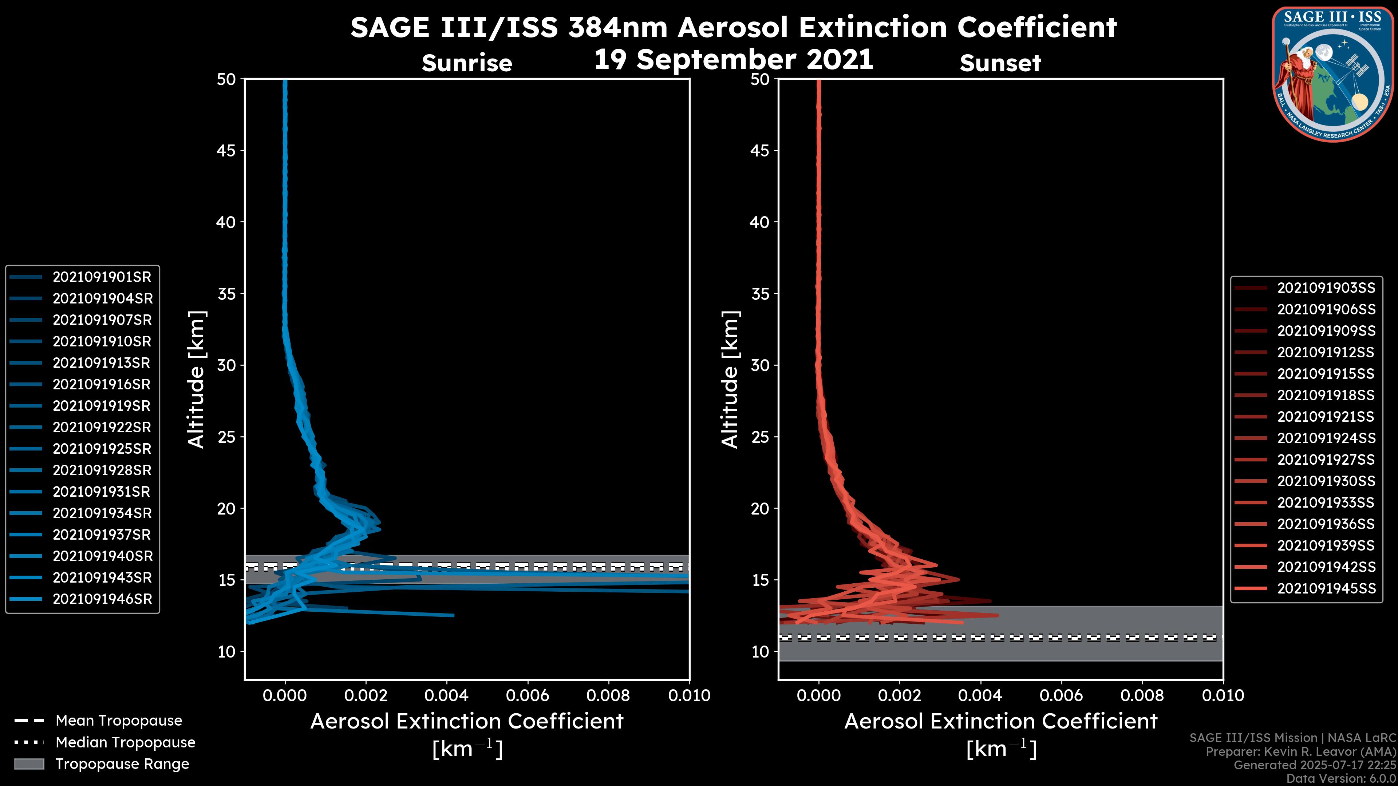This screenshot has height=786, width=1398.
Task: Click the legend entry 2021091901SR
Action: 102,277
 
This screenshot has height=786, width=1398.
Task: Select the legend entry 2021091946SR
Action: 102,599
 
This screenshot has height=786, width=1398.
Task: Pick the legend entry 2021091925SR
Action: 102,449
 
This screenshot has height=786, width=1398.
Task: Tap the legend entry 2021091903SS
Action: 1326,288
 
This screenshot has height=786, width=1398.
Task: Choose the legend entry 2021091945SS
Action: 1326,588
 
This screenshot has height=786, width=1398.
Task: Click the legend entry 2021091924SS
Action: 1326,438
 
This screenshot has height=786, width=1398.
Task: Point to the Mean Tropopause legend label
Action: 118,721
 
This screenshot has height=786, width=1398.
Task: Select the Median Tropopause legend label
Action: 125,743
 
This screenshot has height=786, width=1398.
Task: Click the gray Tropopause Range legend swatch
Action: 29,764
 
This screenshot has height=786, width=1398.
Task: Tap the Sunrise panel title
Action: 467,63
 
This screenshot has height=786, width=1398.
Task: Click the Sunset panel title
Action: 1000,63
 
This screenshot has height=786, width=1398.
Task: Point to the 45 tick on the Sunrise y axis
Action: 226,151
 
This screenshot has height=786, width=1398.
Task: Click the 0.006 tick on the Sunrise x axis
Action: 528,695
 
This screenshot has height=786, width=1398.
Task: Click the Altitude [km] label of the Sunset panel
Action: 730,379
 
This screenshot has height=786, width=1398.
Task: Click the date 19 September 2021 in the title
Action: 733,60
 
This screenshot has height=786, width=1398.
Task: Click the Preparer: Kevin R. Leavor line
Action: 1300,752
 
